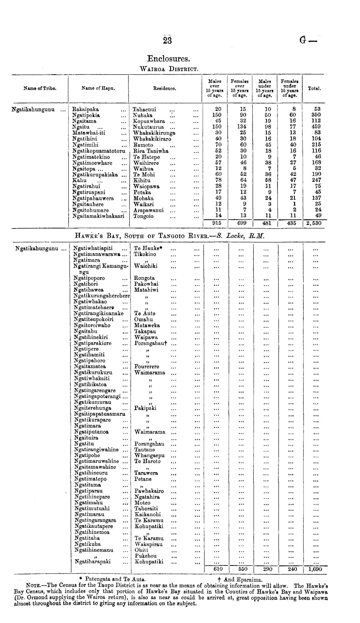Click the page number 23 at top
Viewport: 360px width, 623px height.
pos(167,41)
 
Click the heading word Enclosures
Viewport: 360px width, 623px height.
pos(168,59)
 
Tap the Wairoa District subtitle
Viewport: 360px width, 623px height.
pos(168,69)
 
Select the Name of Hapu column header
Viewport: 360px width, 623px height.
pos(98,88)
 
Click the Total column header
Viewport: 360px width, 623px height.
pos(314,88)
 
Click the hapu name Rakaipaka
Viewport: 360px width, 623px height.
pos(86,110)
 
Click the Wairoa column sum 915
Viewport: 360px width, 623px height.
pos(217,223)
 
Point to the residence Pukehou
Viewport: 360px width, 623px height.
pos(145,556)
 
